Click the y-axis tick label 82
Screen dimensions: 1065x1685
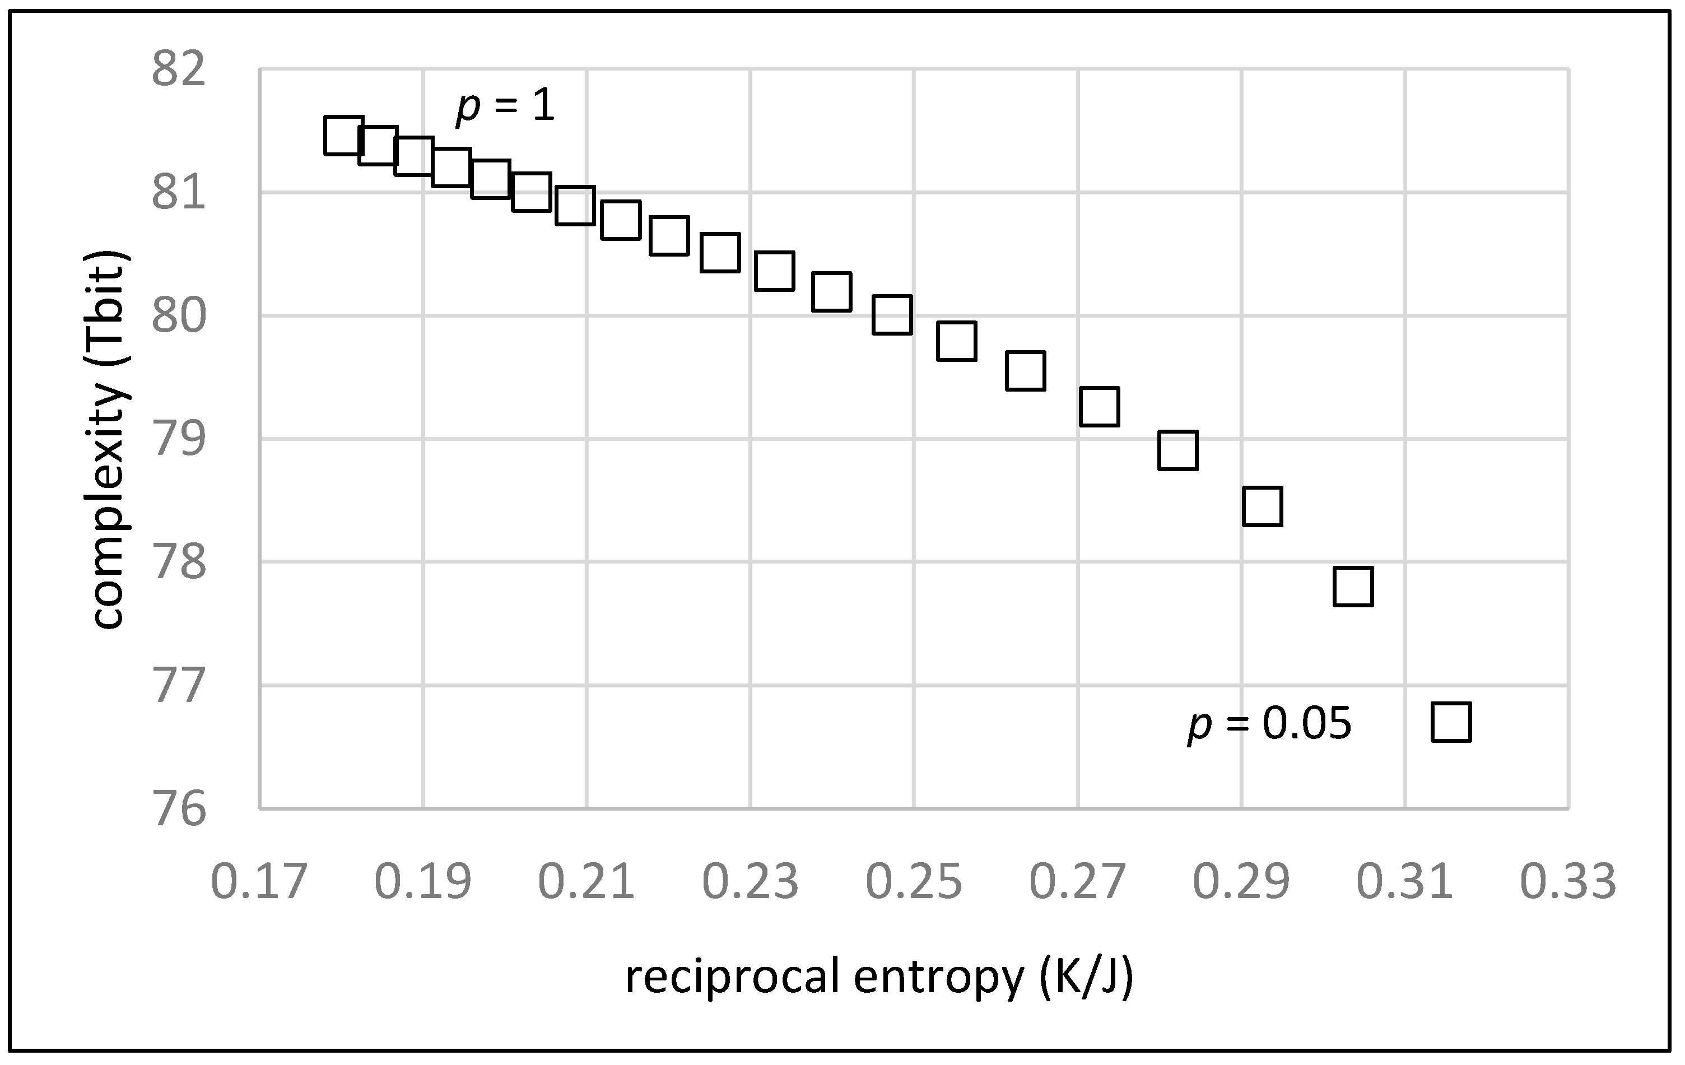tap(179, 70)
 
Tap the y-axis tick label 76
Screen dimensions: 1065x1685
tap(179, 810)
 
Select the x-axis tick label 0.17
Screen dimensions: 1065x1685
tap(259, 882)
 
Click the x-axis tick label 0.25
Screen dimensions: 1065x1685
tap(914, 882)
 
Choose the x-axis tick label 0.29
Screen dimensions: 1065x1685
tap(1241, 882)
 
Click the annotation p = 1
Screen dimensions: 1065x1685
tap(505, 107)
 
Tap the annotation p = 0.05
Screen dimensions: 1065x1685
tap(1269, 723)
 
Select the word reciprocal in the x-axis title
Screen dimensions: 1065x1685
tap(731, 977)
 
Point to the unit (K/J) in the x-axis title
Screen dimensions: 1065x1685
tap(1085, 977)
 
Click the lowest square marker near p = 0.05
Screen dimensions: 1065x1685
tap(1451, 722)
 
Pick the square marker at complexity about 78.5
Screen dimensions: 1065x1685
tap(1263, 506)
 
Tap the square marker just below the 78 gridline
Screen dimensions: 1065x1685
tap(1353, 587)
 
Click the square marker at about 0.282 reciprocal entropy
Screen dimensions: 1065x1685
tap(1177, 450)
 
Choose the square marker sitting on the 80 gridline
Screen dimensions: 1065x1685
tap(892, 315)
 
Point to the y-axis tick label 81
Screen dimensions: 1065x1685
tap(179, 193)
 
